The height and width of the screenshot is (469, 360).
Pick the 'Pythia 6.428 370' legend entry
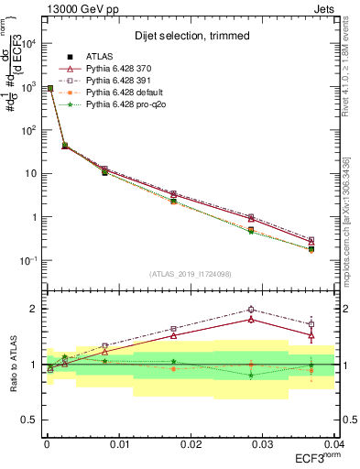tap(120, 69)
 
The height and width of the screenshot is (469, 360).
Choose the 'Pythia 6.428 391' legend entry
tap(120, 81)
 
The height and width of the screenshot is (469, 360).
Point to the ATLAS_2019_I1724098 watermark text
tap(190, 274)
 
